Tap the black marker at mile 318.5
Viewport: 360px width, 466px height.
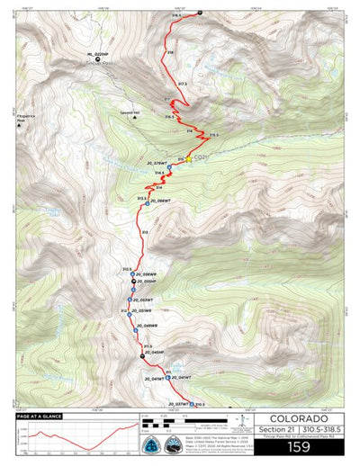[x=199, y=13]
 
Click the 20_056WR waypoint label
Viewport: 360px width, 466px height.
[x=146, y=274]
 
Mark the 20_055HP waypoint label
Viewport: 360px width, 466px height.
[x=146, y=282]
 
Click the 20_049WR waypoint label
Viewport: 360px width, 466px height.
[x=146, y=325]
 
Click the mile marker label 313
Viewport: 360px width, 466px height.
[x=145, y=232]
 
